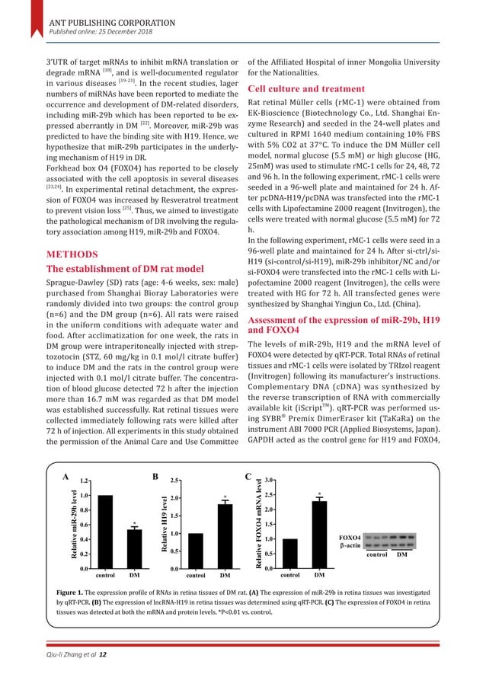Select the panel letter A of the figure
pos(66,478)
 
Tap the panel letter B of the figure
pos(155,478)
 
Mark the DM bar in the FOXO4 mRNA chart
pos(319,534)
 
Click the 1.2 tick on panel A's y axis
pos(85,481)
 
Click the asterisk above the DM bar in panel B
pos(225,498)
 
